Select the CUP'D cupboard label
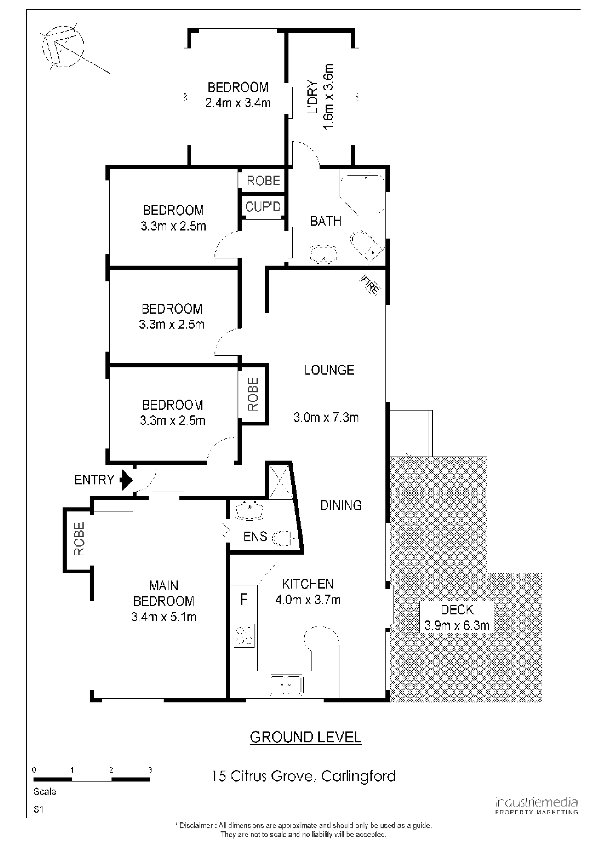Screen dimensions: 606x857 tap(263, 207)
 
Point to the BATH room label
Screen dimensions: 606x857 tap(326, 221)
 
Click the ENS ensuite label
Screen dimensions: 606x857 tap(255, 536)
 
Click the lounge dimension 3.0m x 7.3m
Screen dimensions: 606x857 tap(326, 417)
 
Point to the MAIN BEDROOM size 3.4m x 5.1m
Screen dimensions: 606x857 tap(164, 617)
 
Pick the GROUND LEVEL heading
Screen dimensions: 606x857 tap(305, 737)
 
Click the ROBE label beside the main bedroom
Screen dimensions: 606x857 tap(79, 539)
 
